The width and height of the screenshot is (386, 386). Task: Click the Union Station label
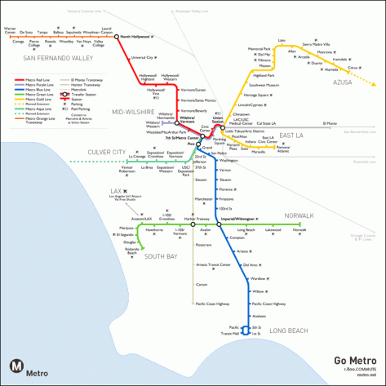[217, 119]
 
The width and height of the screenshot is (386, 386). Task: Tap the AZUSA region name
[342, 82]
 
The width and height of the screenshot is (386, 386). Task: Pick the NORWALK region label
[299, 215]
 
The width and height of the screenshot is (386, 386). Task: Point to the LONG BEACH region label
[288, 330]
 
